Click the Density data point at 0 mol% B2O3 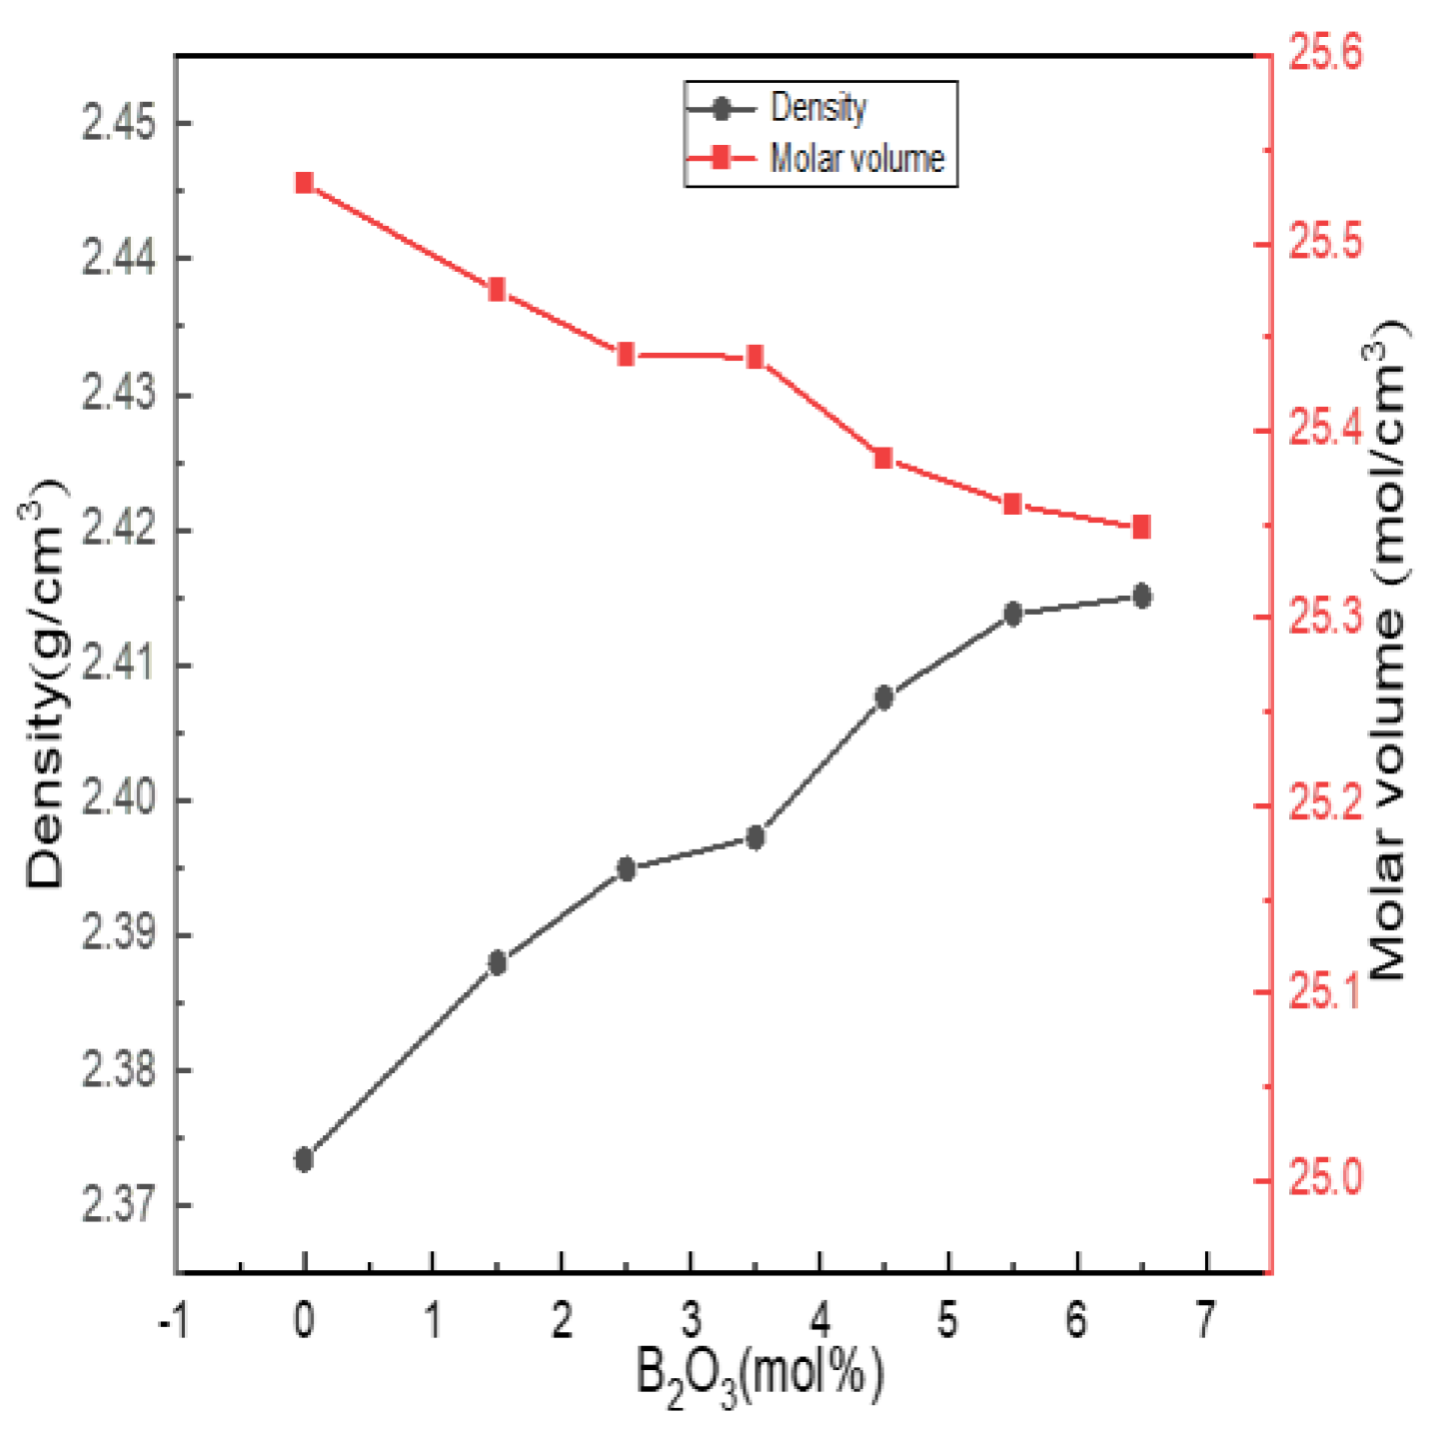click(304, 1159)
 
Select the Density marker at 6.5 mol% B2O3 click(1141, 597)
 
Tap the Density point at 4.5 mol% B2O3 click(883, 698)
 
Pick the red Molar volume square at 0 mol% click(304, 183)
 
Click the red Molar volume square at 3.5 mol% click(755, 358)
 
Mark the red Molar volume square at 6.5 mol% click(1141, 527)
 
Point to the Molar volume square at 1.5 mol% click(497, 291)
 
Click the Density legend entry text click(818, 108)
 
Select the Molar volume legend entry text click(856, 159)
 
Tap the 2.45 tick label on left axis click(119, 125)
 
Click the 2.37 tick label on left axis click(119, 1205)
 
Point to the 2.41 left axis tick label click(119, 666)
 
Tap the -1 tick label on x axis click(172, 1320)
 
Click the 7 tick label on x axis click(1206, 1320)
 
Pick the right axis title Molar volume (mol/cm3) click(1388, 650)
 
